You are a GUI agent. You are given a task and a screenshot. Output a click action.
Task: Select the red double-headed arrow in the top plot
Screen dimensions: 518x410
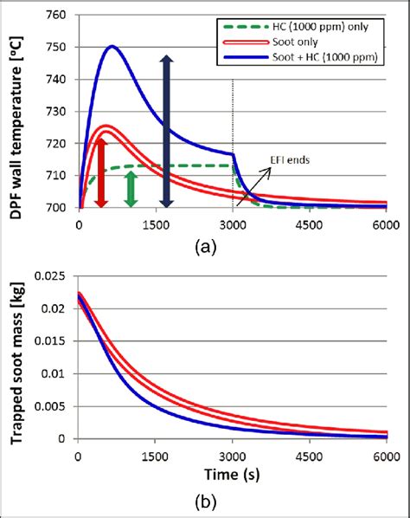coord(100,172)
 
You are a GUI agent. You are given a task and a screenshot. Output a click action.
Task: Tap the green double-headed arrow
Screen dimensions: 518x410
coord(130,188)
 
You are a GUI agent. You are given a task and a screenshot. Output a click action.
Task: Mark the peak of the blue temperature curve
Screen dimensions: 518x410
coord(112,47)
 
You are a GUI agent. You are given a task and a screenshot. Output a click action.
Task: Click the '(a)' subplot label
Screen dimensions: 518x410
coord(205,245)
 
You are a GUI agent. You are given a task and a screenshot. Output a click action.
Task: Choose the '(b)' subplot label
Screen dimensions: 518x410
coord(206,501)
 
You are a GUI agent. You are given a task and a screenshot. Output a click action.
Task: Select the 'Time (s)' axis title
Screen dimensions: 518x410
coord(232,476)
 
